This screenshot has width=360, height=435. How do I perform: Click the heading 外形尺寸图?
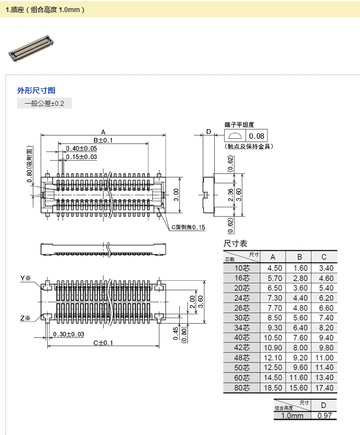[x=36, y=91]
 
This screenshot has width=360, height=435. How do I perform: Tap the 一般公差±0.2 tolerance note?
[x=44, y=103]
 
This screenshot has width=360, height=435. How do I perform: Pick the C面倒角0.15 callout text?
[x=187, y=227]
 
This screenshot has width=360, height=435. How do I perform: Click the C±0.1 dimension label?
[x=103, y=343]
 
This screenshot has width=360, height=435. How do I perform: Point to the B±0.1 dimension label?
[x=103, y=140]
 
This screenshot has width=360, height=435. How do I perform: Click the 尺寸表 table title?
[x=236, y=244]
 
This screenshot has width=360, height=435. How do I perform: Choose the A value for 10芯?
[x=275, y=268]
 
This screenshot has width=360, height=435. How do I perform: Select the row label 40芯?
[x=242, y=338]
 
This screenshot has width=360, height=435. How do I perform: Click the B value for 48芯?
[x=300, y=358]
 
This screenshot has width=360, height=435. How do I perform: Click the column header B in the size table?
[x=300, y=257]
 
